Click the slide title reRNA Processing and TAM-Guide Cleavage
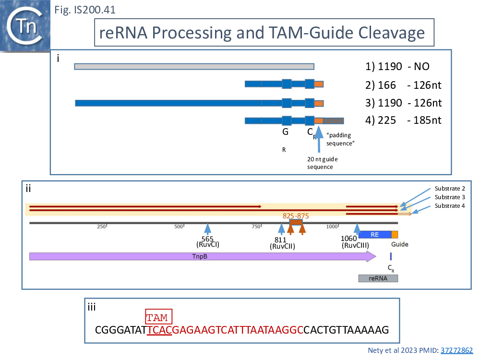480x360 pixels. pyautogui.click(x=262, y=33)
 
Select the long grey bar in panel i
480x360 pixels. pyautogui.click(x=194, y=66)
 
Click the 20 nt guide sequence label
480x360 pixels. pyautogui.click(x=321, y=163)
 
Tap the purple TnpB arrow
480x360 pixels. pyautogui.click(x=202, y=256)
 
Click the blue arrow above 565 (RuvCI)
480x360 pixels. pyautogui.click(x=207, y=229)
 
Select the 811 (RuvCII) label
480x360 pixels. pyautogui.click(x=282, y=243)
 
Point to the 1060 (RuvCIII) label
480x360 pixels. pyautogui.click(x=355, y=242)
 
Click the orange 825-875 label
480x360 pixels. pyautogui.click(x=296, y=216)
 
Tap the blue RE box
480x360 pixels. pyautogui.click(x=375, y=234)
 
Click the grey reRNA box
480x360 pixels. pyautogui.click(x=378, y=278)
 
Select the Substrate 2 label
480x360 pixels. pyautogui.click(x=450, y=189)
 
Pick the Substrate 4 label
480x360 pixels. pyautogui.click(x=450, y=206)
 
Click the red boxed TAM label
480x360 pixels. pyautogui.click(x=158, y=317)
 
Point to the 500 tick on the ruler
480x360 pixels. pyautogui.click(x=179, y=227)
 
